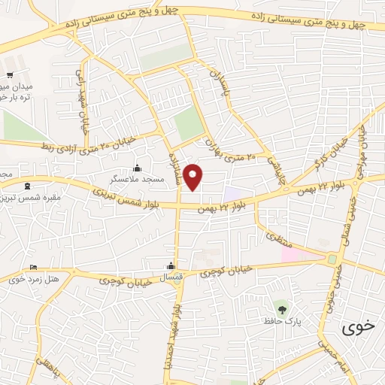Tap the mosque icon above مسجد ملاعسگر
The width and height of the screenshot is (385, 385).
click(x=138, y=168)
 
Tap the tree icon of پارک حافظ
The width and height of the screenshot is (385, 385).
click(x=281, y=308)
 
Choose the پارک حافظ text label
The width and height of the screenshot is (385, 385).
click(x=278, y=321)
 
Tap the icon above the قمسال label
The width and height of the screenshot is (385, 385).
click(x=171, y=265)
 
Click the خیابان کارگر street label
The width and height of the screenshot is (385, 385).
click(x=330, y=154)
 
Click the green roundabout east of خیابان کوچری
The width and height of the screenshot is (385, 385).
click(x=332, y=259)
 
